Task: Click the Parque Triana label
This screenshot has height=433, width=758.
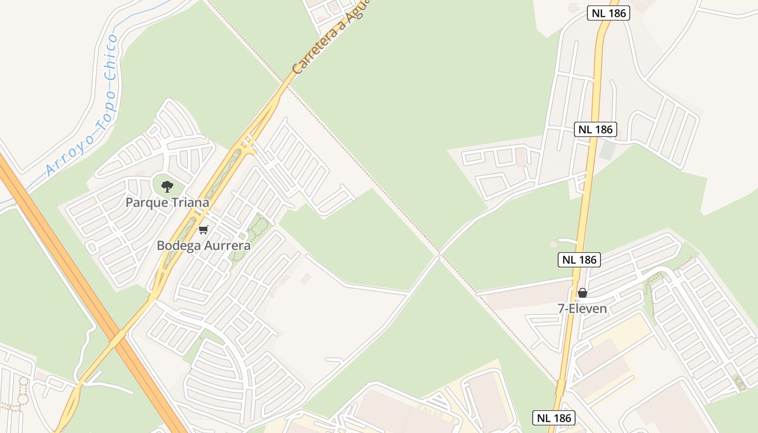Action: tap(167, 202)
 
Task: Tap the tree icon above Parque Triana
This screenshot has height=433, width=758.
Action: tap(167, 187)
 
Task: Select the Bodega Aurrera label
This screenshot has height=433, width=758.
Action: tap(204, 245)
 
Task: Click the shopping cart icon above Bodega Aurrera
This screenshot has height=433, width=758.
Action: tap(204, 229)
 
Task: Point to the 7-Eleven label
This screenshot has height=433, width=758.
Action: tap(583, 309)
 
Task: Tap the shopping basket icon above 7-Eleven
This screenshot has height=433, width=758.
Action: tap(583, 293)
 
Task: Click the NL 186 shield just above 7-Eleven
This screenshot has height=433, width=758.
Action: tap(579, 260)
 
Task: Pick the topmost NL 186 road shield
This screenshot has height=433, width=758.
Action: tap(609, 13)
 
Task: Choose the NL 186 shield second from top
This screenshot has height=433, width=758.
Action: tap(596, 129)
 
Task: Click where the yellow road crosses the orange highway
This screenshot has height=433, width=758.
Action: tap(118, 338)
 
